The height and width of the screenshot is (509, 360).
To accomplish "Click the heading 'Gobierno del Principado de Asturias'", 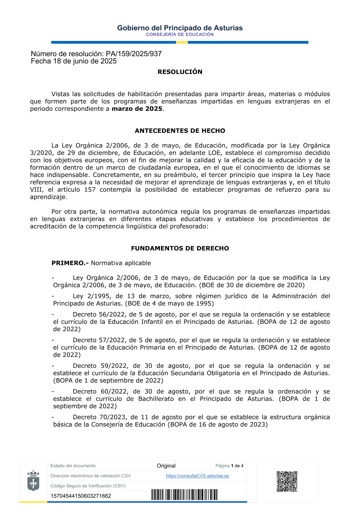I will click(x=180, y=28).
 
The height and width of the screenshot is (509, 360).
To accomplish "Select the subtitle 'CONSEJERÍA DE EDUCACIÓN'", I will click(x=180, y=35).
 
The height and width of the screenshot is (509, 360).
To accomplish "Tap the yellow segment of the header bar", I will click(x=182, y=42).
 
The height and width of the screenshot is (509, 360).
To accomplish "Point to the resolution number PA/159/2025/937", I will click(x=134, y=54).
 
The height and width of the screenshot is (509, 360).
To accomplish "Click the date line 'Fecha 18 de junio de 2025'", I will click(x=74, y=61).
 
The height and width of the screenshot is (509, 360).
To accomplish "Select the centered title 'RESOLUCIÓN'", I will click(x=180, y=72).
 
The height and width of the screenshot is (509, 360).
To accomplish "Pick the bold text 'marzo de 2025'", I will click(x=137, y=109).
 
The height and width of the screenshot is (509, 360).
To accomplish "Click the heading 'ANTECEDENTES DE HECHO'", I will click(x=180, y=131).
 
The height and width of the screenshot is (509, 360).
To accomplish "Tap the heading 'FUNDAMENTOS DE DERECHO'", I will click(x=180, y=248).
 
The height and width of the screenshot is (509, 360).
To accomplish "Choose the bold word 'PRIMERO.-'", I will click(x=70, y=263).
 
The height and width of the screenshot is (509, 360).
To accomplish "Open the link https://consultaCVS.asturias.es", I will click(x=197, y=476).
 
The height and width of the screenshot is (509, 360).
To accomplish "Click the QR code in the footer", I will click(x=287, y=481).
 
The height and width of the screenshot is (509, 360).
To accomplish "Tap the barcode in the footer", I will click(x=184, y=495).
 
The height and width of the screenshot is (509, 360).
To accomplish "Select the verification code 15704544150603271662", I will click(x=81, y=496).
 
